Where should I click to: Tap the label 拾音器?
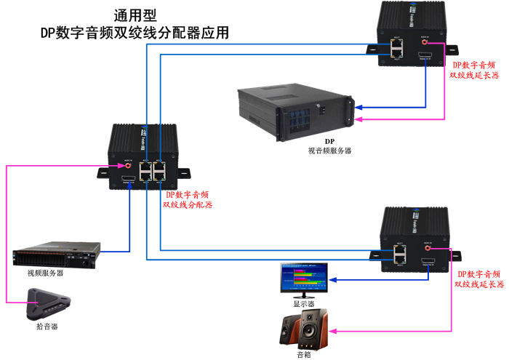coord(47,327)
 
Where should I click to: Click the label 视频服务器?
coord(45,273)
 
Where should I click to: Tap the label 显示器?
coord(303,304)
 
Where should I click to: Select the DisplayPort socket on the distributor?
coord(128,179)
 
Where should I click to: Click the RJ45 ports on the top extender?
coord(396,48)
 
